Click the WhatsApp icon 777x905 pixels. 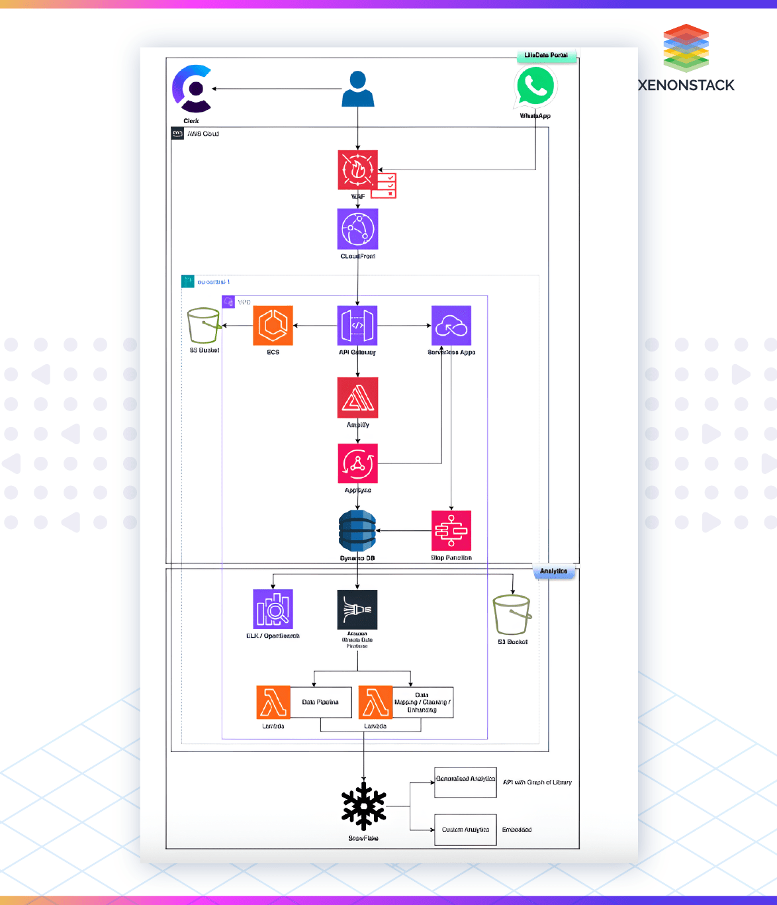(535, 87)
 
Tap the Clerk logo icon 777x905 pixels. (192, 89)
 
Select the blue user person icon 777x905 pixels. (358, 89)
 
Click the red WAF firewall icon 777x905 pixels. (358, 170)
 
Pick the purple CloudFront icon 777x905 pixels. (357, 229)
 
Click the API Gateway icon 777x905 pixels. (357, 326)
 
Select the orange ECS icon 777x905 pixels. (273, 326)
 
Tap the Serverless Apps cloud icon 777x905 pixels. (451, 326)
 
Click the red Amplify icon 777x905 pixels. (357, 398)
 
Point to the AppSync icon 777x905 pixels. (357, 463)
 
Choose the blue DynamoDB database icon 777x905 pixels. (357, 531)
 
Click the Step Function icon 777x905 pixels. (451, 531)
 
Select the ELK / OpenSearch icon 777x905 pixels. (273, 609)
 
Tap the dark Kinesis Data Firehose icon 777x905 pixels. (357, 609)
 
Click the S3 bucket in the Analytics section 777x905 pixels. (512, 615)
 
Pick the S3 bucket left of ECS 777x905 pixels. (204, 326)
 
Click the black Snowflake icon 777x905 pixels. (363, 806)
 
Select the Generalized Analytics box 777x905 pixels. (465, 783)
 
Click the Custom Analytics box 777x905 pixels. (465, 830)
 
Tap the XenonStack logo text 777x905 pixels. (686, 85)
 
